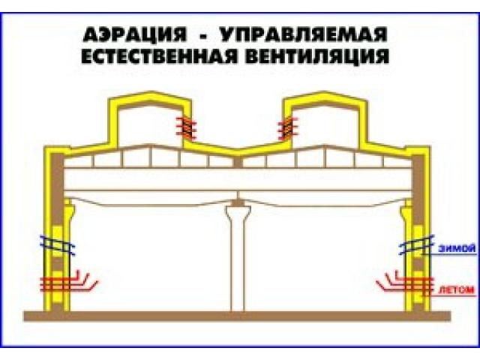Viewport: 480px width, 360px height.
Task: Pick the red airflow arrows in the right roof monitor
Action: pos(286,128)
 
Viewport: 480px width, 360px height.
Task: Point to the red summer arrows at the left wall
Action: pos(67,283)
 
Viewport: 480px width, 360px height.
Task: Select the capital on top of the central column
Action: pos(238,203)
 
